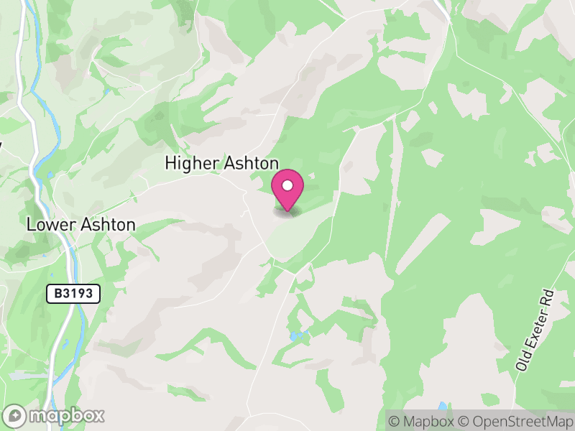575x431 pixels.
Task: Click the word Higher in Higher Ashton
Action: pos(188,164)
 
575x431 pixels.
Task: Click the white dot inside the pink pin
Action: pos(287,186)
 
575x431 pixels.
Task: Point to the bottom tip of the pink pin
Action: pos(287,210)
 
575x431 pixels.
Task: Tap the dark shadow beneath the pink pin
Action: pos(288,212)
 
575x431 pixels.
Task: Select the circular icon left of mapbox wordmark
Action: pos(15,415)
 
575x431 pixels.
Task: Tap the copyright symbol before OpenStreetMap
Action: pos(464,420)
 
